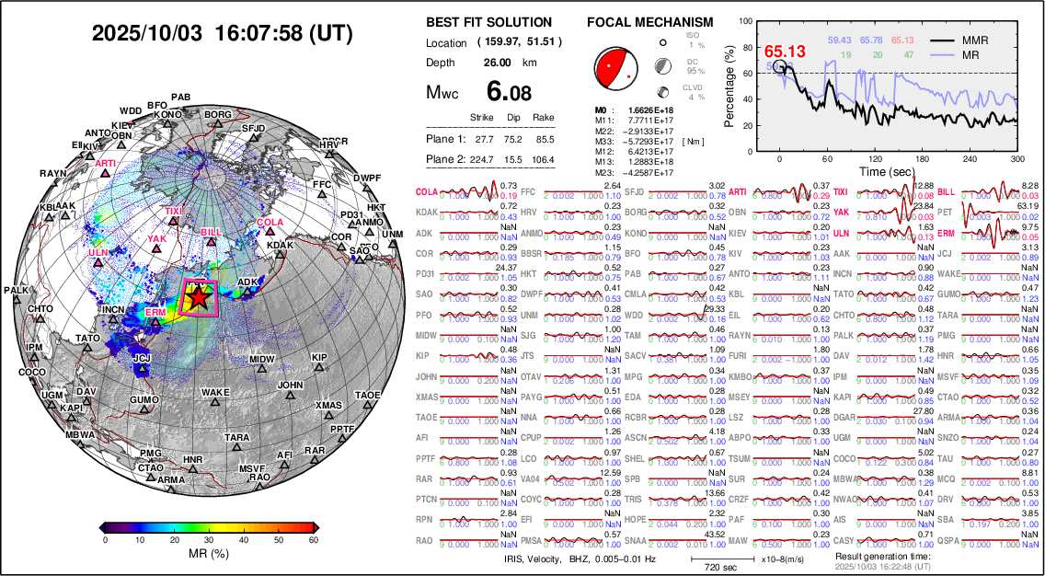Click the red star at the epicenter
[197, 297]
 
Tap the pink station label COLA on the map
[270, 223]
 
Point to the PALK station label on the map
[17, 291]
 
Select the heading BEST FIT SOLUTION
[488, 22]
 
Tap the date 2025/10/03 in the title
[146, 34]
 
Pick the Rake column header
[544, 118]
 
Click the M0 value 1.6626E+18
[645, 109]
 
